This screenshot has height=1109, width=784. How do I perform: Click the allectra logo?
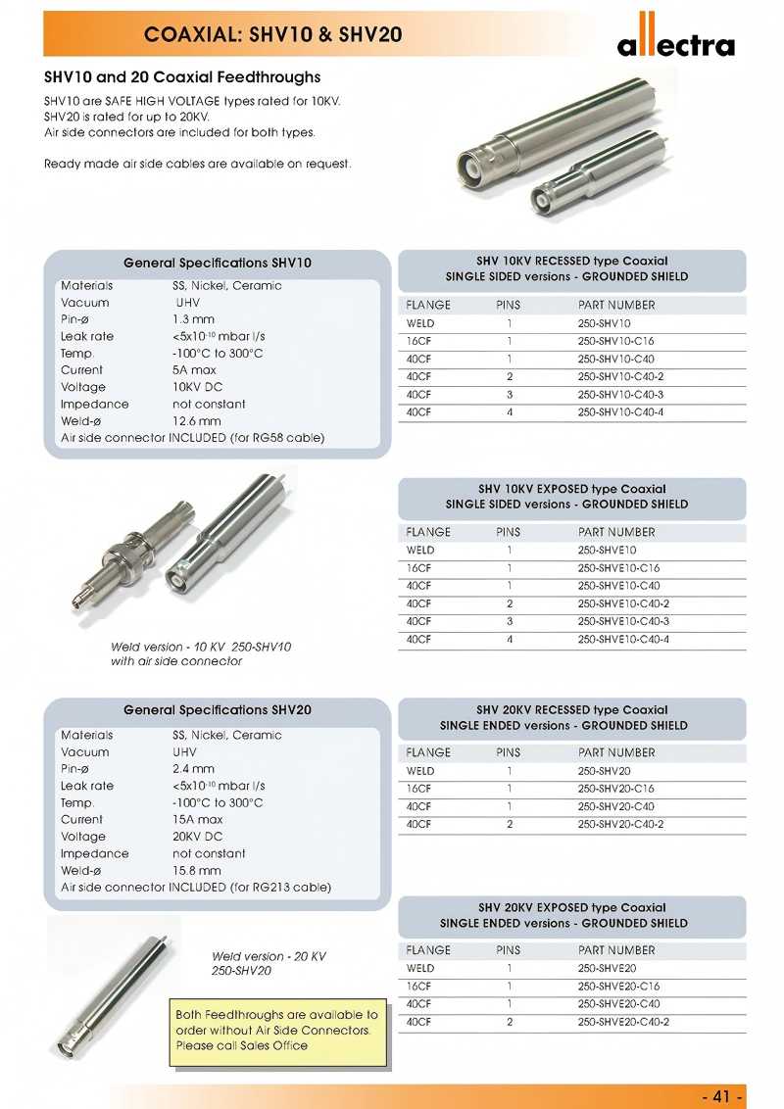(675, 40)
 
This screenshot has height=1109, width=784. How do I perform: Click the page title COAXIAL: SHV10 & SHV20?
(272, 35)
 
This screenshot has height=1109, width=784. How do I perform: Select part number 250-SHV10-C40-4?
(620, 412)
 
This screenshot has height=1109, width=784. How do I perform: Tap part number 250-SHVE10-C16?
(618, 568)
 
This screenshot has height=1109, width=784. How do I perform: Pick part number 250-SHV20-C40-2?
(620, 824)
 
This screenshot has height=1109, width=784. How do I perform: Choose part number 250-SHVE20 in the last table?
(607, 968)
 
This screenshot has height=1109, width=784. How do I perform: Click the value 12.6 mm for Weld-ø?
(197, 421)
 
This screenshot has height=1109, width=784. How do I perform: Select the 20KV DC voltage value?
(198, 837)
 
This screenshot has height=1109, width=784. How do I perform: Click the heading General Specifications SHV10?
(218, 263)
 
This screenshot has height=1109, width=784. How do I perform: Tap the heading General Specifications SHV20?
(218, 709)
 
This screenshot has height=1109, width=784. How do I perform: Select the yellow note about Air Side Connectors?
(276, 1031)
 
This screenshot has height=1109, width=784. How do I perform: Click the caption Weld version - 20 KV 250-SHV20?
(269, 963)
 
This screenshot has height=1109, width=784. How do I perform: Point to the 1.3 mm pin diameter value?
(193, 319)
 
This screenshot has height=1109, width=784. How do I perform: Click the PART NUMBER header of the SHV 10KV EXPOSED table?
(616, 532)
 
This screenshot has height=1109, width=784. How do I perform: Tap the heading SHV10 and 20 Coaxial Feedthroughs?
(182, 77)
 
